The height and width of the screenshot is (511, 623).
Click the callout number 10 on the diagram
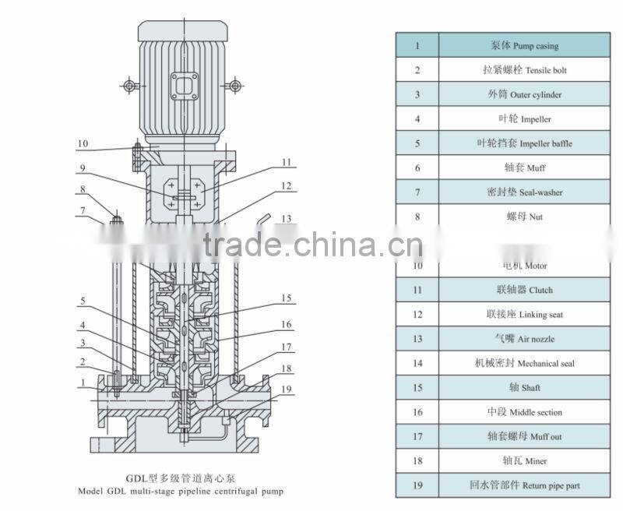(83, 143)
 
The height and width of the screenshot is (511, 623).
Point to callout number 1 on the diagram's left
(80, 382)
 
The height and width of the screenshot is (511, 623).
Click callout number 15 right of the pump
(286, 298)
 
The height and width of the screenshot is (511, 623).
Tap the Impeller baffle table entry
(523, 143)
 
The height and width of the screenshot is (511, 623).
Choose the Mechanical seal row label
(523, 363)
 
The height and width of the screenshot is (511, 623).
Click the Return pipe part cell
(523, 485)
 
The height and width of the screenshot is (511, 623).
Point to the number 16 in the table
(417, 412)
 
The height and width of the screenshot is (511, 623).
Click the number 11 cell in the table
(417, 290)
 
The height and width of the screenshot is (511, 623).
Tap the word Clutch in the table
(540, 290)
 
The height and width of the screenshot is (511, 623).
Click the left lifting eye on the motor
(128, 84)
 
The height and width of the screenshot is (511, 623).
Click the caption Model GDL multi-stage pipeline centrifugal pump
(181, 492)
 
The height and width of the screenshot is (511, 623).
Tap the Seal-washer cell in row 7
(523, 192)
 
